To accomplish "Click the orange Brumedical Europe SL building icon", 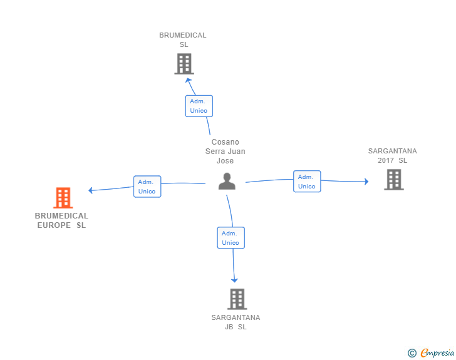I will [63, 198].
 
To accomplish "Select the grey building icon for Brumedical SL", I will [184, 63].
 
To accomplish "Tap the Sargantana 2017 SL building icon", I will [393, 179].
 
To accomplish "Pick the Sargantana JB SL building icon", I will [237, 299].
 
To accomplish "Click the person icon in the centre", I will [227, 181].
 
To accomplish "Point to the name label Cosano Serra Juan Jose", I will [225, 152].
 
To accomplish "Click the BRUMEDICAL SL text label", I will [183, 39].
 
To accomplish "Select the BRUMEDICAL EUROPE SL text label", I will [61, 220].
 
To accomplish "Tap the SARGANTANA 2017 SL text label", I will [392, 155].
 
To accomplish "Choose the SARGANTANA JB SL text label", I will [236, 322].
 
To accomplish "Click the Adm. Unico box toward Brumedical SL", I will [199, 106].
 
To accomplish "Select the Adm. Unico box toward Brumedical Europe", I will [147, 187].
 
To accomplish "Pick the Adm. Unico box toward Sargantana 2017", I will [307, 182].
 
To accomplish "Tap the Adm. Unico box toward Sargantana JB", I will [231, 238].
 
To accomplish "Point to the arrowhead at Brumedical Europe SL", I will [91, 190].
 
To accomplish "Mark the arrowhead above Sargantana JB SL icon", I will [235, 280].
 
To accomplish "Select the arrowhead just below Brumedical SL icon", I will [187, 80].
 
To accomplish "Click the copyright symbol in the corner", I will [412, 353].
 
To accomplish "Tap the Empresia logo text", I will [437, 353].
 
